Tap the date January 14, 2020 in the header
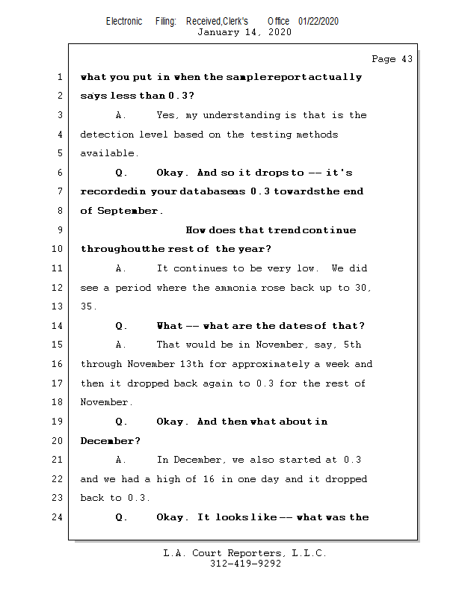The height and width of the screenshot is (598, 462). point(244,32)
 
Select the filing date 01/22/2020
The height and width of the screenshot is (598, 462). point(318,21)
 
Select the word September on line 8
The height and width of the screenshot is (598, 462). point(129,211)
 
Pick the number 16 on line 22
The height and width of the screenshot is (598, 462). point(209,479)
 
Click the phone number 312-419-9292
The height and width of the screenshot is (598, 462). point(244,564)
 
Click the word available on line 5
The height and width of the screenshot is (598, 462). point(108,153)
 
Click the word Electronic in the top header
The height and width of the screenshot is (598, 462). point(123,21)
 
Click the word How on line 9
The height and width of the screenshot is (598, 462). point(195,230)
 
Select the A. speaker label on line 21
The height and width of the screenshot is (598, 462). point(122,460)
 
